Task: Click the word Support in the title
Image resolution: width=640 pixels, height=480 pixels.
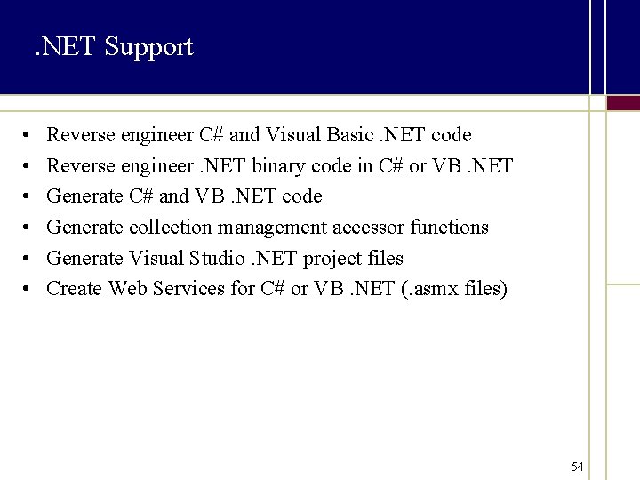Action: (x=148, y=46)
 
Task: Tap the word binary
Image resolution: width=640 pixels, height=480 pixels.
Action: (x=284, y=165)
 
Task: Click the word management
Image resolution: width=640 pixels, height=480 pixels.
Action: (x=272, y=228)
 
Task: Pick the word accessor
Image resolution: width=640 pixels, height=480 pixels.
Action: (x=368, y=228)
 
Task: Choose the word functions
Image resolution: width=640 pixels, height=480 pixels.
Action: (x=449, y=228)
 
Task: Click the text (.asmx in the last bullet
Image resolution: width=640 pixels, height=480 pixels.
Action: (x=439, y=290)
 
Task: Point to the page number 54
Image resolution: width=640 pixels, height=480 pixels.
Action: (x=578, y=467)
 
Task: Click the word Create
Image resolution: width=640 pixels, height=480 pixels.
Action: (x=75, y=289)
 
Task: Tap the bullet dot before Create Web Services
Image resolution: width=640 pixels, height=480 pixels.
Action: (x=28, y=290)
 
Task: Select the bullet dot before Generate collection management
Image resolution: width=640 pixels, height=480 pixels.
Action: (x=28, y=228)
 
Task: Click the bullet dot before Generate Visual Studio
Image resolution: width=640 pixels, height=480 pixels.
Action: (x=28, y=259)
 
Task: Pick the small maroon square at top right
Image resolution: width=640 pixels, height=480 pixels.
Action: (x=623, y=103)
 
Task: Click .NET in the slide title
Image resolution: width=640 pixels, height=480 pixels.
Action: (x=65, y=46)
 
